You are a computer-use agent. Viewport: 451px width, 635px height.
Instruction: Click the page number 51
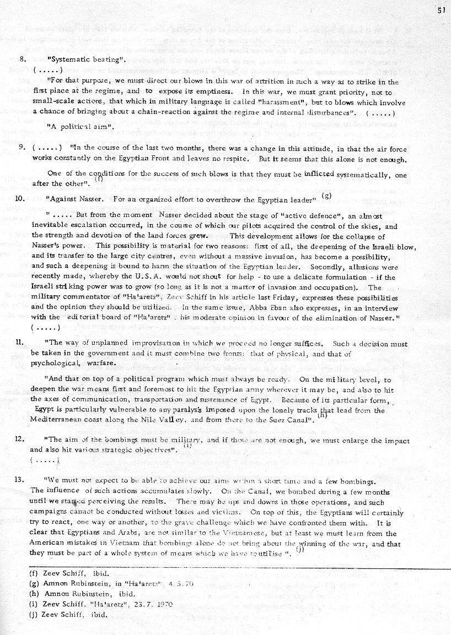tap(441, 10)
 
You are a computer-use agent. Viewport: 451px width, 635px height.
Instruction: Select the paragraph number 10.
tap(22, 198)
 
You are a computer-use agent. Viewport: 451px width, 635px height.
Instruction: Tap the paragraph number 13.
tap(22, 480)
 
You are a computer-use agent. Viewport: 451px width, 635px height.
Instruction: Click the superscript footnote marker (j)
tap(299, 549)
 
